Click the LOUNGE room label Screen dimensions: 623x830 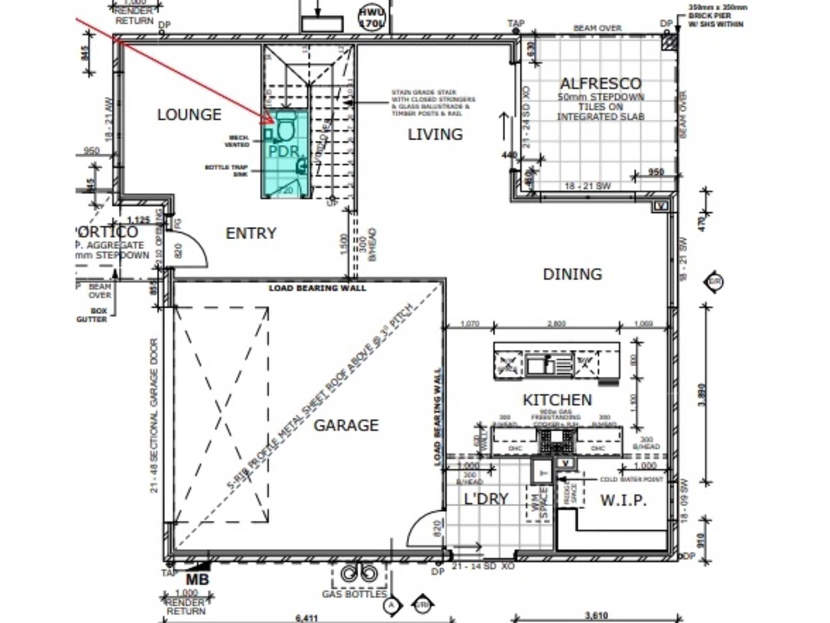(x=189, y=115)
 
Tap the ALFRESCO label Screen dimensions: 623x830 (x=601, y=84)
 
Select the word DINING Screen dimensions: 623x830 (x=572, y=274)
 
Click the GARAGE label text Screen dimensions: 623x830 (x=346, y=425)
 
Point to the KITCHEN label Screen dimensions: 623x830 (x=557, y=400)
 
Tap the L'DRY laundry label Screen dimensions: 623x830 (x=486, y=499)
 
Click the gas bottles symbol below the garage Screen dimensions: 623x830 (x=359, y=574)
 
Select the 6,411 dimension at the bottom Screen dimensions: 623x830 (x=307, y=618)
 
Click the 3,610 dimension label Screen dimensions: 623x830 (x=596, y=616)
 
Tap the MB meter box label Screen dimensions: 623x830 (x=197, y=580)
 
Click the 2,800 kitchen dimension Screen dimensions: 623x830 (x=556, y=324)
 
